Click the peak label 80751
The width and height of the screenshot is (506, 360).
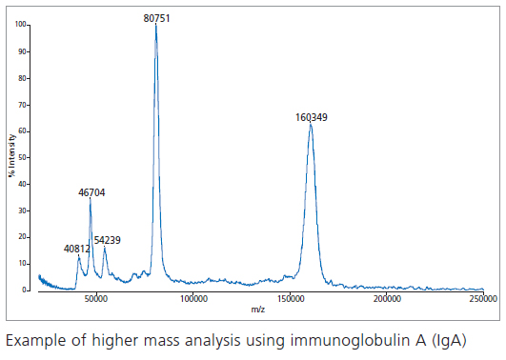click(156, 17)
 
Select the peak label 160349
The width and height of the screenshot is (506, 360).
click(312, 117)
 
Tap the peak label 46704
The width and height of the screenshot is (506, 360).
click(91, 192)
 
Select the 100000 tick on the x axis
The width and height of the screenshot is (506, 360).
click(193, 299)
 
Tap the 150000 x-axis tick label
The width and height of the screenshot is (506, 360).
click(290, 299)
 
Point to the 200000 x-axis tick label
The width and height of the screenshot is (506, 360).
click(387, 299)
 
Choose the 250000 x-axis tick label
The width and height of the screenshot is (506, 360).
click(482, 299)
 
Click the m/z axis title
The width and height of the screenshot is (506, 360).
click(258, 310)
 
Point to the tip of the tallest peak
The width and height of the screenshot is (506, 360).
click(156, 26)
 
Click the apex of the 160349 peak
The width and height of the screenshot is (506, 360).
click(311, 125)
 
